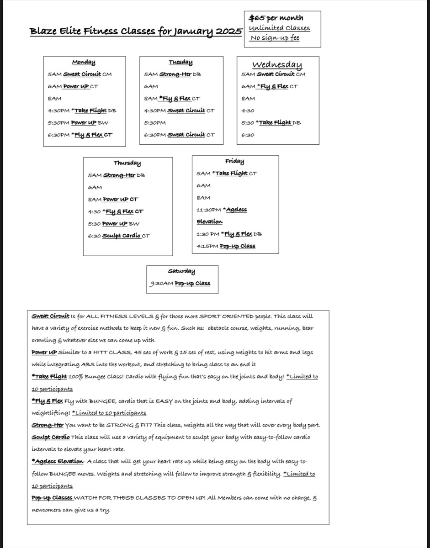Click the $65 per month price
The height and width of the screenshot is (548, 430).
(x=276, y=18)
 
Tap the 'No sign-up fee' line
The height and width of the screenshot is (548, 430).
(x=275, y=38)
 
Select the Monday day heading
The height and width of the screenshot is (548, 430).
(x=84, y=62)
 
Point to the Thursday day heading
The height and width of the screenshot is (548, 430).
(x=127, y=163)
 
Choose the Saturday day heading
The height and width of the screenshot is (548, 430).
(x=181, y=271)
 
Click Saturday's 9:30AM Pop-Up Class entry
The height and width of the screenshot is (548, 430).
(x=180, y=283)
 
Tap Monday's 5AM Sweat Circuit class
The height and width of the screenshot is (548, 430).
(x=80, y=74)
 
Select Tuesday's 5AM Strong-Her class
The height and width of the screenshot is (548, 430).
(x=172, y=74)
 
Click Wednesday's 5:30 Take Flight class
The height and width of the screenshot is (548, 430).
(x=271, y=122)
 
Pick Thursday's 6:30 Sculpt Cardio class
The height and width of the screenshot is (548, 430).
(x=119, y=236)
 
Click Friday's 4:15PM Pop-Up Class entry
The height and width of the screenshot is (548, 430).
(x=226, y=246)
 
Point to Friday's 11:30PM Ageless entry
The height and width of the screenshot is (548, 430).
(x=222, y=210)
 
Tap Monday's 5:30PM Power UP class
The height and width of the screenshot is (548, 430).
(x=78, y=122)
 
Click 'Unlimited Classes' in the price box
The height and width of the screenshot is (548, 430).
(x=279, y=28)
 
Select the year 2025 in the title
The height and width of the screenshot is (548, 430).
(x=229, y=32)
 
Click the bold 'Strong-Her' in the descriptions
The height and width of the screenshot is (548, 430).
(x=48, y=425)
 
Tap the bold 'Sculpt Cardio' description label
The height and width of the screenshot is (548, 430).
(x=51, y=437)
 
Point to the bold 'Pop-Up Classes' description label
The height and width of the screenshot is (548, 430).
(x=52, y=498)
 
